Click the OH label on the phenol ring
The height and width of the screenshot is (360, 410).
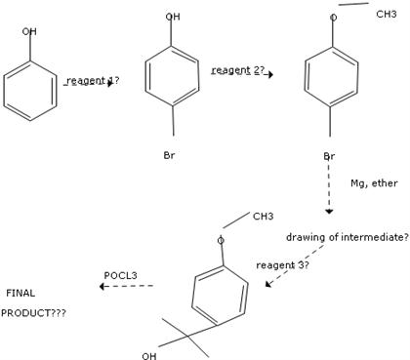click(30, 31)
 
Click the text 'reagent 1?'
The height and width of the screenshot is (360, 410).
click(93, 80)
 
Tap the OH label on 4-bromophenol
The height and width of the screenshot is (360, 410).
click(173, 17)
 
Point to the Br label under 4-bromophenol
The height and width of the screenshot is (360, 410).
click(169, 155)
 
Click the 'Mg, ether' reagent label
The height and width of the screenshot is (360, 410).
click(375, 182)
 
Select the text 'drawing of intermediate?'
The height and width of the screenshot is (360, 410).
click(341, 237)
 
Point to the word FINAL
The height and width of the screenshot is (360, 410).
click(20, 293)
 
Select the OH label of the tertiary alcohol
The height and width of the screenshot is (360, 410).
click(148, 355)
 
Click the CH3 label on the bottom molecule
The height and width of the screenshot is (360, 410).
click(264, 216)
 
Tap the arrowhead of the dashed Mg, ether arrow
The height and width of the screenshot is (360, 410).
click(329, 211)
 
